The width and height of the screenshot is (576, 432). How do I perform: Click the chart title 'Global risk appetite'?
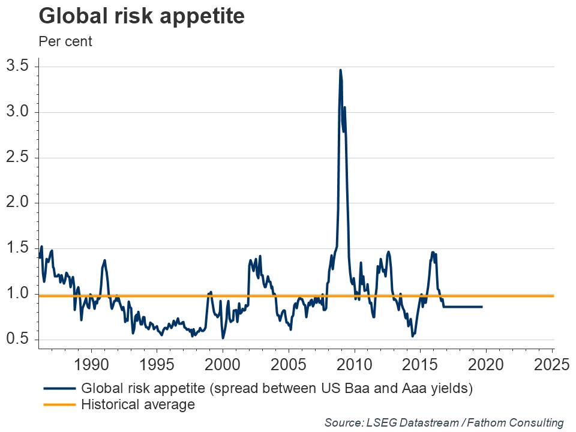(142, 16)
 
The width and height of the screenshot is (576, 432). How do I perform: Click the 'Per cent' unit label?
(65, 42)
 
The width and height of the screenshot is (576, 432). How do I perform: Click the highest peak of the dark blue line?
(340, 70)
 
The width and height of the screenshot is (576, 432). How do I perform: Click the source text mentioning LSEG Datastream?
(444, 422)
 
